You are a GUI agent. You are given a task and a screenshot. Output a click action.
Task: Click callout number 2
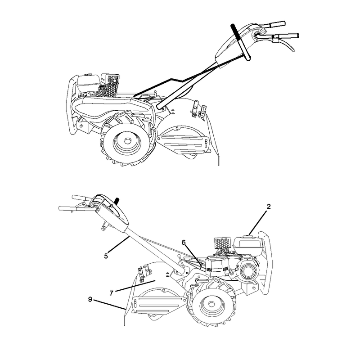269,207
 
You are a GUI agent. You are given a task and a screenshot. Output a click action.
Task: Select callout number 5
106,256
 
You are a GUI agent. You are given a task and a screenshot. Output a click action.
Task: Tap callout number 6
184,243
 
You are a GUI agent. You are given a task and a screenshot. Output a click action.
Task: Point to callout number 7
112,293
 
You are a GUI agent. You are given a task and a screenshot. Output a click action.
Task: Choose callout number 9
90,299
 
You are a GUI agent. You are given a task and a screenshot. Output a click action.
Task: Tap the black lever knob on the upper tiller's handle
241,42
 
